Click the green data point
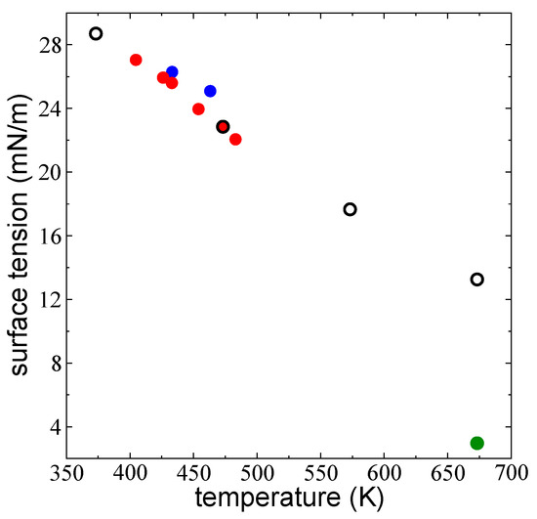(x=476, y=443)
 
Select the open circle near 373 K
(x=96, y=33)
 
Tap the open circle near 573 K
(x=351, y=209)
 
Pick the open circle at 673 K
(x=476, y=280)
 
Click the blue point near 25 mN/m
(x=210, y=91)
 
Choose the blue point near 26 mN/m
(x=172, y=72)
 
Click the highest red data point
(x=136, y=60)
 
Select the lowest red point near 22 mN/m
(x=235, y=140)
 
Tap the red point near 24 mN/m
(x=198, y=109)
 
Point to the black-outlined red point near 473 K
(x=223, y=126)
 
